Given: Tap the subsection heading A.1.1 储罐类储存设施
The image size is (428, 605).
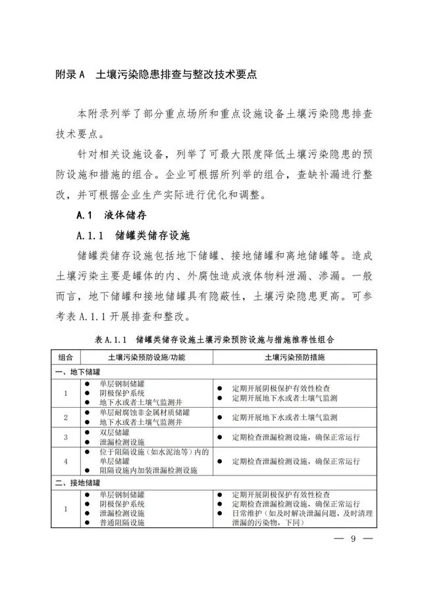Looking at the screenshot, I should pyautogui.click(x=132, y=235).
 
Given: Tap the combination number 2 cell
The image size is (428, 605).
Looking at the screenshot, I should pyautogui.click(x=65, y=418).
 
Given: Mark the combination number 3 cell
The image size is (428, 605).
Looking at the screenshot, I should pyautogui.click(x=65, y=437).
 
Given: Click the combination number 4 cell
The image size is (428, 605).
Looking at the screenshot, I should pyautogui.click(x=65, y=462).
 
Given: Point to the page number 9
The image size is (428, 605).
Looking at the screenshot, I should pyautogui.click(x=352, y=539).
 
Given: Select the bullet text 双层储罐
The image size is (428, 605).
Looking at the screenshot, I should pyautogui.click(x=115, y=433).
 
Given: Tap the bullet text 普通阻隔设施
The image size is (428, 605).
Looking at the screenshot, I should pyautogui.click(x=122, y=522).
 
